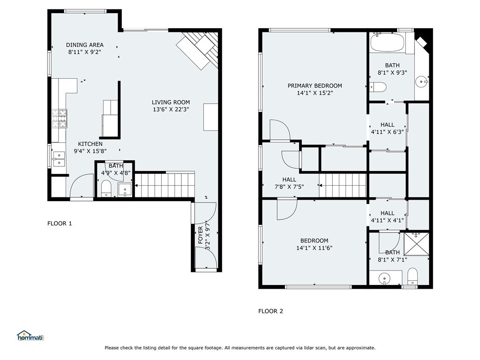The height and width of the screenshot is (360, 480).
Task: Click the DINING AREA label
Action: pos(85,45)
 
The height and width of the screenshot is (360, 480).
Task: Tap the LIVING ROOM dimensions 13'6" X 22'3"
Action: pos(171,109)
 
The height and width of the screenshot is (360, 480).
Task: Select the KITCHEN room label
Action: pos(90,144)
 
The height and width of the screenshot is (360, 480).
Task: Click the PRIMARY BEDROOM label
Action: pos(315,86)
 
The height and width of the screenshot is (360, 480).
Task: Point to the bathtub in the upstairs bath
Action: pos(388,43)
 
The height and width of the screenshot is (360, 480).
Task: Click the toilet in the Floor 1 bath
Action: pos(106,188)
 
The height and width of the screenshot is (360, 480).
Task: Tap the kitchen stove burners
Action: pos(60,119)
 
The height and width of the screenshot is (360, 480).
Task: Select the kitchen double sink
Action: pos(59,159)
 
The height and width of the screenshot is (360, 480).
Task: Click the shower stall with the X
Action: pos(416,244)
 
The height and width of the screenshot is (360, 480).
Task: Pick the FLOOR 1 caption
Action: pos(60,224)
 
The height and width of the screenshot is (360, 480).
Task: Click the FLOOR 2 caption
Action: pos(270,311)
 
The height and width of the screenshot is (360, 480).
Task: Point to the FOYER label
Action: pos(201,235)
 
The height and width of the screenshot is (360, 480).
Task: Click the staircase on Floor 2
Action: pos(343,186)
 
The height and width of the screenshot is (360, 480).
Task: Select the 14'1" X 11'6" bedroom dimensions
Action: pos(314,248)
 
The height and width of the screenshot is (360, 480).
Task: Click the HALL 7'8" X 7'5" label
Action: pos(289,183)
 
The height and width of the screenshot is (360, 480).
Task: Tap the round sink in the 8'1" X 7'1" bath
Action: pos(384,279)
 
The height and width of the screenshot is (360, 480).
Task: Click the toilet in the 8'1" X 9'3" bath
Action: pos(378,87)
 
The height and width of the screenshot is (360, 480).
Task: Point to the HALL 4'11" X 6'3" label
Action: pos(387,128)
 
